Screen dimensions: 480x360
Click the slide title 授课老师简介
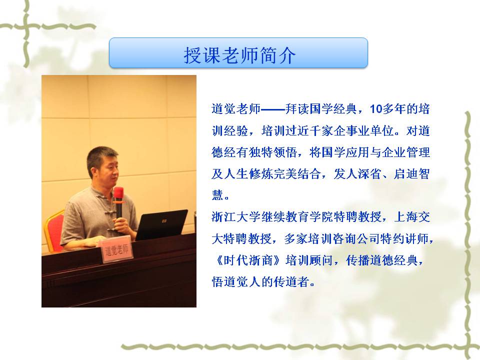[x=239, y=55]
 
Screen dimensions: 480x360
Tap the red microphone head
[x=118, y=194]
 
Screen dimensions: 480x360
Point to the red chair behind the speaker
[x=54, y=230]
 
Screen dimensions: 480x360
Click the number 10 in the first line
[x=376, y=109]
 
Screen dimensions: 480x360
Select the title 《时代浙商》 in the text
[x=246, y=260]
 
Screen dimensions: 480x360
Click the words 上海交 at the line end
[x=412, y=216]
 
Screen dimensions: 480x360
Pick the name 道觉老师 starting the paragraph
[x=236, y=109]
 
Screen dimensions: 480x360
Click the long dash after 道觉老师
[x=273, y=109]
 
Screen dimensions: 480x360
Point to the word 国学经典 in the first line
[x=333, y=109]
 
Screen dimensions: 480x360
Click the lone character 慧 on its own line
[x=217, y=195]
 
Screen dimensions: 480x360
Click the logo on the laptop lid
[x=164, y=220]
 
